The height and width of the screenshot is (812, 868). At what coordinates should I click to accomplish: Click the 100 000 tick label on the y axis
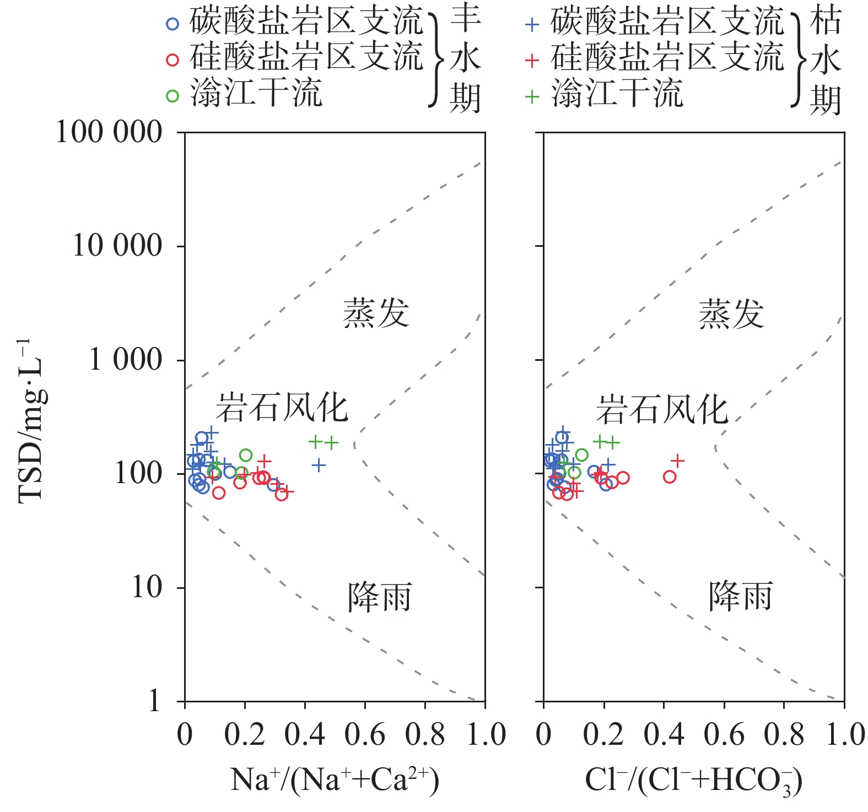coord(109,133)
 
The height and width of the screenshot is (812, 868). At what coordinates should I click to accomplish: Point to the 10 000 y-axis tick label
coord(117,246)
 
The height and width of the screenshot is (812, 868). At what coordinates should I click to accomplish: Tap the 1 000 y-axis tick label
coord(126,360)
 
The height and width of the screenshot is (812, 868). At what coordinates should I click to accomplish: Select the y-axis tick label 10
coord(147,587)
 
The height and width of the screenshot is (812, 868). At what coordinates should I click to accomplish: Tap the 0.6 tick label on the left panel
coord(365,735)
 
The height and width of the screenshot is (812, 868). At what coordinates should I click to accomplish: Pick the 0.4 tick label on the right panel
coord(664,735)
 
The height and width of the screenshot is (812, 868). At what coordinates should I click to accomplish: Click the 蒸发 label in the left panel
coord(376,313)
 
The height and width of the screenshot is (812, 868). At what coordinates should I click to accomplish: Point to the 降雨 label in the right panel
coord(740,597)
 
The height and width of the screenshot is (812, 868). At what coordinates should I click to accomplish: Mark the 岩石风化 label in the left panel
coord(282,408)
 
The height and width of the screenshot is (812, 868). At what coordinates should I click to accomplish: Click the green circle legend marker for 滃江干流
coord(172,96)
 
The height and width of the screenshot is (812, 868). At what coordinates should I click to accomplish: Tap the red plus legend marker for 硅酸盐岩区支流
coord(532,60)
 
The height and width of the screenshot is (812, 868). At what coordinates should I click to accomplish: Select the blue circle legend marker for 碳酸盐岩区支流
coord(172,24)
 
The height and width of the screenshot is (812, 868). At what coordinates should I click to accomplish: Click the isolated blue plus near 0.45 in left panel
coord(319,465)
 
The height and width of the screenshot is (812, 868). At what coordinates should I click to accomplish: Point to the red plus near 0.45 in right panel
coord(677,460)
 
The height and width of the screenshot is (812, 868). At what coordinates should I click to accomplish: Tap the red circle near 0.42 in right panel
coord(670,477)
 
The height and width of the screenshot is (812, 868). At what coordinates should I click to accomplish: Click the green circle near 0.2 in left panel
coord(246,455)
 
